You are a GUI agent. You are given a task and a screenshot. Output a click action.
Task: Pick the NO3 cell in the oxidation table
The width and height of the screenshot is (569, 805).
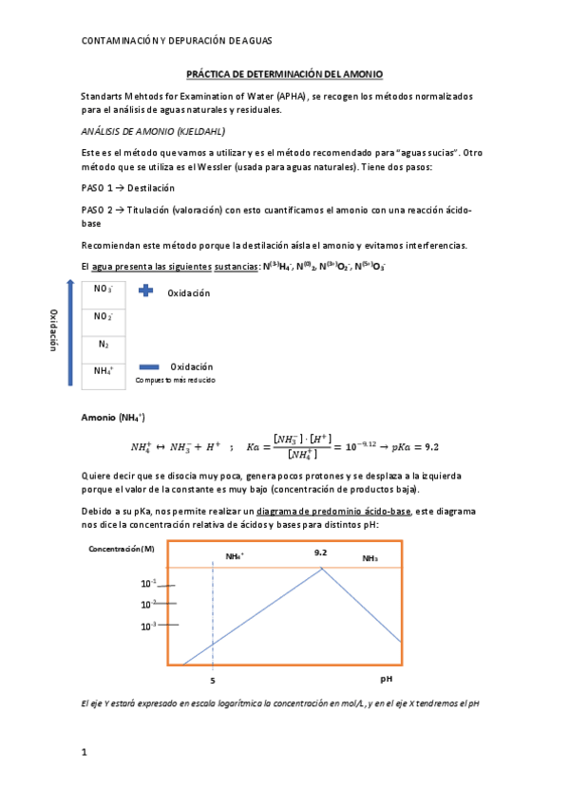tap(103, 290)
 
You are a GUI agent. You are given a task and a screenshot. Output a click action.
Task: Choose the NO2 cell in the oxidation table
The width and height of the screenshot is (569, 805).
tap(103, 317)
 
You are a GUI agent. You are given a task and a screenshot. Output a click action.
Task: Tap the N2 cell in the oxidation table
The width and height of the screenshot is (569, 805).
tap(103, 345)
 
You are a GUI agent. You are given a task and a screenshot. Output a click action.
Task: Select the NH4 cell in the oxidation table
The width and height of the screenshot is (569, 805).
tap(103, 371)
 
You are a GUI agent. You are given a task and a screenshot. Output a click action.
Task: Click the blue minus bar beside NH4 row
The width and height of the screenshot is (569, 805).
tap(149, 366)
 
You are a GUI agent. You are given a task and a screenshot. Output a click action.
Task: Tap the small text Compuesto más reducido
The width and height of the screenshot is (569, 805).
tap(176, 380)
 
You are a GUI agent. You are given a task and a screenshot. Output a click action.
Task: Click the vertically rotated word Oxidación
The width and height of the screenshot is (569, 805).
tap(53, 331)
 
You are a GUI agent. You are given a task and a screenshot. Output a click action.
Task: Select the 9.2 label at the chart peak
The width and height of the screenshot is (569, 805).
tap(321, 552)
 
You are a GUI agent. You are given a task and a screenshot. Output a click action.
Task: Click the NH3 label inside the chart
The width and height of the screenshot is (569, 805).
tap(370, 559)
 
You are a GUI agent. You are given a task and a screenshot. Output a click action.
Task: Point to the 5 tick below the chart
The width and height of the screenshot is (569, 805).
tap(212, 680)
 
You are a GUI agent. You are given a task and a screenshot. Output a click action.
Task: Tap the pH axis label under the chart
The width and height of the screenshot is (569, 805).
tap(387, 680)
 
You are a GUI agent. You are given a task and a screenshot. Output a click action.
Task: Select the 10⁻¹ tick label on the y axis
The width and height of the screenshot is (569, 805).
tap(147, 584)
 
